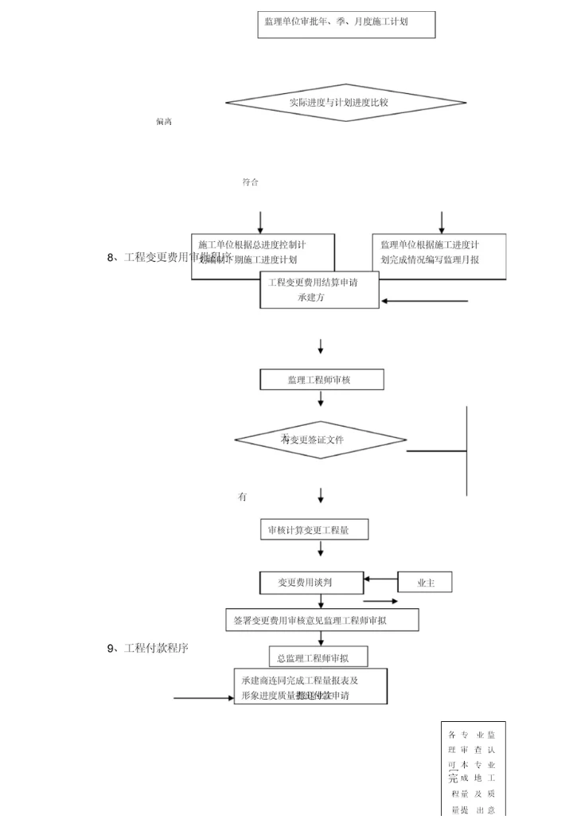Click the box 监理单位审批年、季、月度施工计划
pyautogui.click(x=346, y=24)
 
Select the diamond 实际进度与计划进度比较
pyautogui.click(x=345, y=102)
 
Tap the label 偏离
pyautogui.click(x=164, y=122)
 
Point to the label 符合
pyautogui.click(x=250, y=182)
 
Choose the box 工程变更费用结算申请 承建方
pyautogui.click(x=320, y=290)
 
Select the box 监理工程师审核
pyautogui.click(x=321, y=380)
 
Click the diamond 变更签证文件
pyautogui.click(x=320, y=439)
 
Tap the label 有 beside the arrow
pyautogui.click(x=242, y=497)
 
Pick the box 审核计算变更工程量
pyautogui.click(x=314, y=529)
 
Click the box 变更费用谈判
pyautogui.click(x=311, y=583)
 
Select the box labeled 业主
pyautogui.click(x=426, y=583)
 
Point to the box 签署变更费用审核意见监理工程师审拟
pyautogui.click(x=322, y=620)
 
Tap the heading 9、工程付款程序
pyautogui.click(x=148, y=648)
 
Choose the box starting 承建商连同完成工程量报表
pyautogui.click(x=310, y=687)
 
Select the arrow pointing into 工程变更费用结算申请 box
pyautogui.click(x=425, y=302)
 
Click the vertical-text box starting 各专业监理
pyautogui.click(x=473, y=768)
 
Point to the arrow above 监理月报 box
pyautogui.click(x=442, y=222)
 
